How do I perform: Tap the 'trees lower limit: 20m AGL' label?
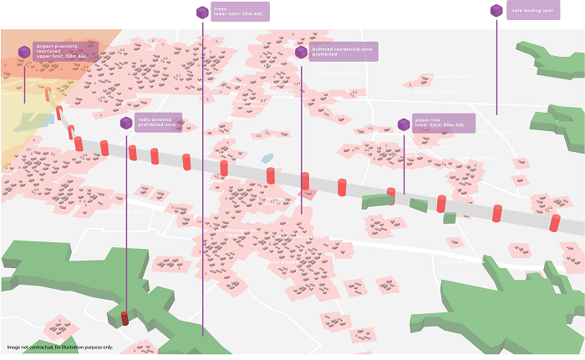239,11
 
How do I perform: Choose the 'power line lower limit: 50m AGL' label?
444,124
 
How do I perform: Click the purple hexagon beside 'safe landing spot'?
496,11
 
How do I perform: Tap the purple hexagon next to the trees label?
202,12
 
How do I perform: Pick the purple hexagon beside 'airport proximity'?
25,52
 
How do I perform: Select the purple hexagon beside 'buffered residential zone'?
301,52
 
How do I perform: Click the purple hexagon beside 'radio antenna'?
126,123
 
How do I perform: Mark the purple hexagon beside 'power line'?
404,124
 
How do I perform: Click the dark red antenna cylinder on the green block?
125,317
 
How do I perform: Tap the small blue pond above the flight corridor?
267,158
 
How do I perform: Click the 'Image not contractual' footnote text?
58,347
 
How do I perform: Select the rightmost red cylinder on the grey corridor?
555,223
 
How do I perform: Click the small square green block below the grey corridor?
450,218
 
